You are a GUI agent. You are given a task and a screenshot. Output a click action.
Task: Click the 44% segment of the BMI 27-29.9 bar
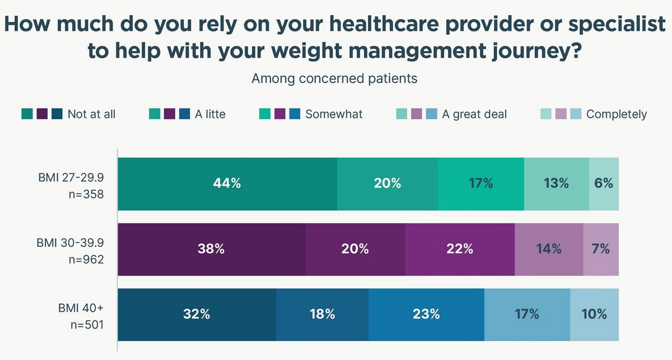pos(227,184)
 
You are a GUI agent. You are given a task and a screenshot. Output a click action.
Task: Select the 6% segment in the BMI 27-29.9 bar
pos(604,184)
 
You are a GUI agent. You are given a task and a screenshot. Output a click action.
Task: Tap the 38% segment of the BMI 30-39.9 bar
pos(212,249)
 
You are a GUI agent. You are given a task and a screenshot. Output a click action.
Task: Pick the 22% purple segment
pos(459,249)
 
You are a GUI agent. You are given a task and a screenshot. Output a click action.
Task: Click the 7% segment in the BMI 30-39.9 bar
pos(601,249)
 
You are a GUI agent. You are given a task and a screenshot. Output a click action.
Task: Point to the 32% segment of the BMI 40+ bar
pos(197,315)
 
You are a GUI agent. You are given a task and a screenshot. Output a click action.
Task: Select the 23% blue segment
pos(426,315)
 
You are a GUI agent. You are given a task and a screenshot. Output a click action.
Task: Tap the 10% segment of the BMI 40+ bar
pos(594,315)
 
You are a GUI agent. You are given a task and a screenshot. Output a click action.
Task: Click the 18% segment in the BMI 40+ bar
pos(322,315)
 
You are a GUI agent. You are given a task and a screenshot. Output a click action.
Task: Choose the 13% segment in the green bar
pos(556,184)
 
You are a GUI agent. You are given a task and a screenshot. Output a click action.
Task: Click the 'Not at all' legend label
pos(91,114)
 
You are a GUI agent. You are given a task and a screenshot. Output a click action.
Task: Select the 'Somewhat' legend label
pos(334,114)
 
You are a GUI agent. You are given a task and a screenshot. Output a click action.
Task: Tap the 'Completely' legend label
pos(616,114)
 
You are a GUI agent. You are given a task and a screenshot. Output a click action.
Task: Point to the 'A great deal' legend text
pos(474,114)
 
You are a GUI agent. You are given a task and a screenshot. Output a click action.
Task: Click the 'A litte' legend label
pos(210,114)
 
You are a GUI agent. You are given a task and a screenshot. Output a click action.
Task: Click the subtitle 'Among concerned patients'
pos(334,78)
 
